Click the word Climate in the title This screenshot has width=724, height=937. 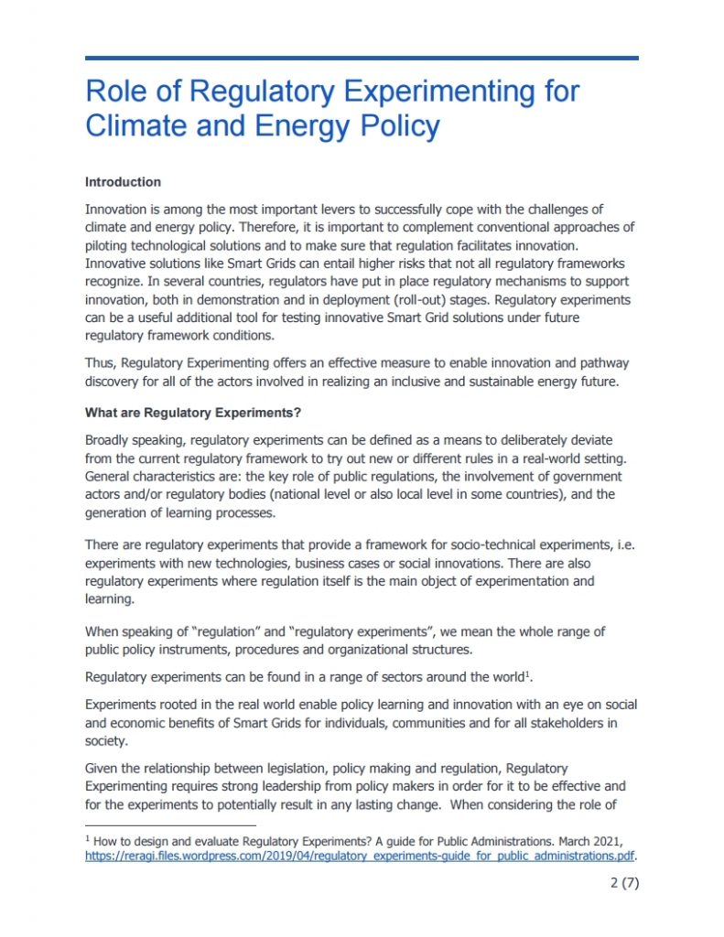[x=136, y=125]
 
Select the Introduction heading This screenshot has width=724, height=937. [x=123, y=182]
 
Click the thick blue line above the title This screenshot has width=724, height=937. [x=362, y=58]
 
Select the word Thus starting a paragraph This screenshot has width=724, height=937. [x=100, y=365]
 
